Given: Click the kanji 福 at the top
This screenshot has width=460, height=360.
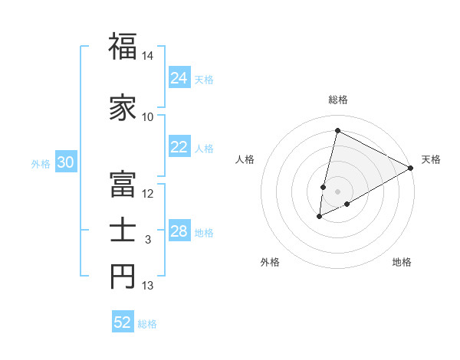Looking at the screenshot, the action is [123, 47].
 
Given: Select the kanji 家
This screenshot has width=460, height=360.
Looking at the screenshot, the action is [123, 107].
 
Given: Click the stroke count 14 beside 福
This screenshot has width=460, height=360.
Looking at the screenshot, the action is [148, 57].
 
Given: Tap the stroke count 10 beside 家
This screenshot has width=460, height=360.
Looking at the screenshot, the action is [148, 117].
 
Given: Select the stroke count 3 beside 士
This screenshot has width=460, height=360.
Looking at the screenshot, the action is [148, 240].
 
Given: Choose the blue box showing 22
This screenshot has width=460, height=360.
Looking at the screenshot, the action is [179, 147].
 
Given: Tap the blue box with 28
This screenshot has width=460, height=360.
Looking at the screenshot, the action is [179, 231].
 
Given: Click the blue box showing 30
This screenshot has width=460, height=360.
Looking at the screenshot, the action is [66, 162].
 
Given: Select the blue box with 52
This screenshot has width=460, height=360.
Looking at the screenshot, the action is [123, 322].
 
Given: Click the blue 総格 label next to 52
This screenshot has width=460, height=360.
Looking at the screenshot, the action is [148, 324].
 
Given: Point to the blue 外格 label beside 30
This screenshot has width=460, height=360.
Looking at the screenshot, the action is [41, 163].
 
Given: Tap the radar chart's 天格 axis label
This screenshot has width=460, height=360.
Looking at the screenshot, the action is [431, 159].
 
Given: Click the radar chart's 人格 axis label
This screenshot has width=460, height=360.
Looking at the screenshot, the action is [245, 159].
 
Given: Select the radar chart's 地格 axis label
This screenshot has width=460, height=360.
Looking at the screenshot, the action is [402, 262].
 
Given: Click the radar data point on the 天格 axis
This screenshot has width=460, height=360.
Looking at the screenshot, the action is [411, 169].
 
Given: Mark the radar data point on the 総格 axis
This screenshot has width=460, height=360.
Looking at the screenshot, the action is [337, 131].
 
